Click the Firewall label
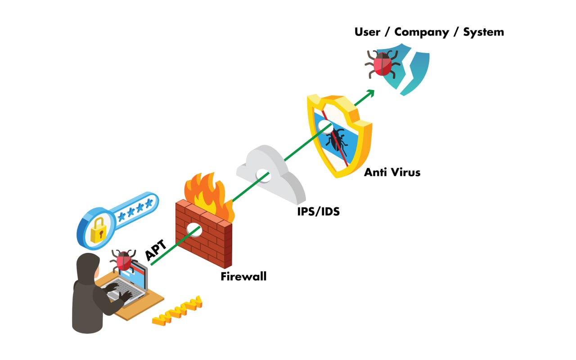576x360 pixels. pyautogui.click(x=243, y=276)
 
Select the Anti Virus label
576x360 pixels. pyautogui.click(x=392, y=172)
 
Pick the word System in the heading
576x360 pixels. pyautogui.click(x=484, y=32)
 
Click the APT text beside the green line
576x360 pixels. pyautogui.click(x=156, y=250)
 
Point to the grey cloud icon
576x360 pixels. pyautogui.click(x=270, y=173)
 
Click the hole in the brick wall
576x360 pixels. pyautogui.click(x=195, y=229)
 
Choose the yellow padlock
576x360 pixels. pyautogui.click(x=98, y=230)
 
